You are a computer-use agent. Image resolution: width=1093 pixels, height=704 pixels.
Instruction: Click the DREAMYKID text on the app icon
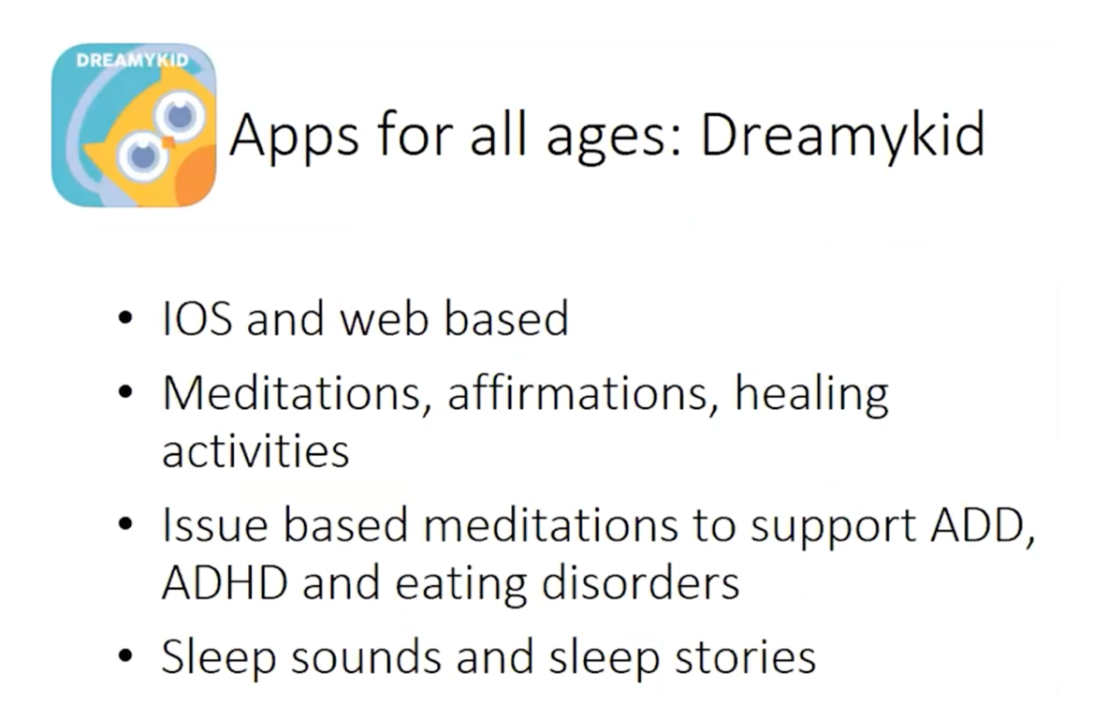tap(133, 61)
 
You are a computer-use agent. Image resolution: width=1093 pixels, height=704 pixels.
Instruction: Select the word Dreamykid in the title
tap(843, 137)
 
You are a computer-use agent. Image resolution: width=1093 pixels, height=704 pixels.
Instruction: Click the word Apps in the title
tap(294, 137)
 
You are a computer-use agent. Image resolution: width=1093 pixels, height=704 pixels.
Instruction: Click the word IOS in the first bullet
tap(197, 319)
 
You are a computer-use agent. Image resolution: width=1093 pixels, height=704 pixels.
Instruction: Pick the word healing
tap(812, 396)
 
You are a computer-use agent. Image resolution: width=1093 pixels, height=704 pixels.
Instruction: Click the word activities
tap(255, 451)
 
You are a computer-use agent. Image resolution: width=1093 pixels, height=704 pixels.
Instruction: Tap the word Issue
tap(214, 525)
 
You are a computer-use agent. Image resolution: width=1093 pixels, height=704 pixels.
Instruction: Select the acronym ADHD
tap(225, 582)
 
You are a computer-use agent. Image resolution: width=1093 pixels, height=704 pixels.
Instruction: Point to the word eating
tap(460, 585)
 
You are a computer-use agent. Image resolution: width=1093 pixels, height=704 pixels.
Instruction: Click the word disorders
tap(641, 582)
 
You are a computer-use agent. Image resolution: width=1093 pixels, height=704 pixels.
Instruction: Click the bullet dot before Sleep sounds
tap(125, 656)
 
